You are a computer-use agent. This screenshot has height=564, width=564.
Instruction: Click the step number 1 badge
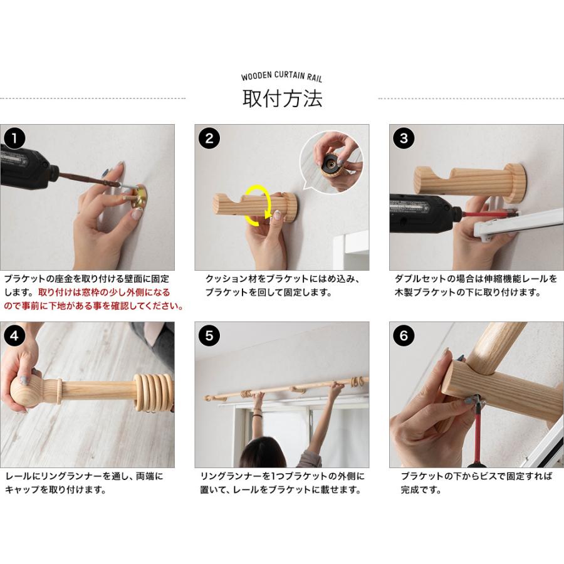[14, 138]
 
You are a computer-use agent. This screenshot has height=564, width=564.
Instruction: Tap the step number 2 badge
[209, 138]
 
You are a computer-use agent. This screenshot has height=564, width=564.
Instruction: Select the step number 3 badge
[404, 138]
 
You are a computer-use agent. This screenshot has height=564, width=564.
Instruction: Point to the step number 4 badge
[14, 336]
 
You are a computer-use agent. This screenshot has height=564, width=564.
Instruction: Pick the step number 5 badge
[209, 336]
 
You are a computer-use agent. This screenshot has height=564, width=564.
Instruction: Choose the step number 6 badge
[404, 336]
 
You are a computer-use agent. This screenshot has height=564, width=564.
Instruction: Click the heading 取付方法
[282, 98]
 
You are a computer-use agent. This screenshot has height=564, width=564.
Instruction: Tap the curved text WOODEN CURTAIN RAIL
[281, 76]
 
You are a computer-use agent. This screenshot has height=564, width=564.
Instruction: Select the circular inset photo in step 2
[332, 162]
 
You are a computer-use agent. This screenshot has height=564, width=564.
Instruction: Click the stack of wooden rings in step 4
[153, 393]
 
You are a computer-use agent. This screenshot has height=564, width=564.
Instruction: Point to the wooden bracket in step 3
[470, 182]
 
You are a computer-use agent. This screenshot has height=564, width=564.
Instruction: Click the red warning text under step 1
[94, 300]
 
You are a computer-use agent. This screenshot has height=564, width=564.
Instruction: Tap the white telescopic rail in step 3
[519, 224]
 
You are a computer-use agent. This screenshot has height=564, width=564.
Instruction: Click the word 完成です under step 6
[421, 489]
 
